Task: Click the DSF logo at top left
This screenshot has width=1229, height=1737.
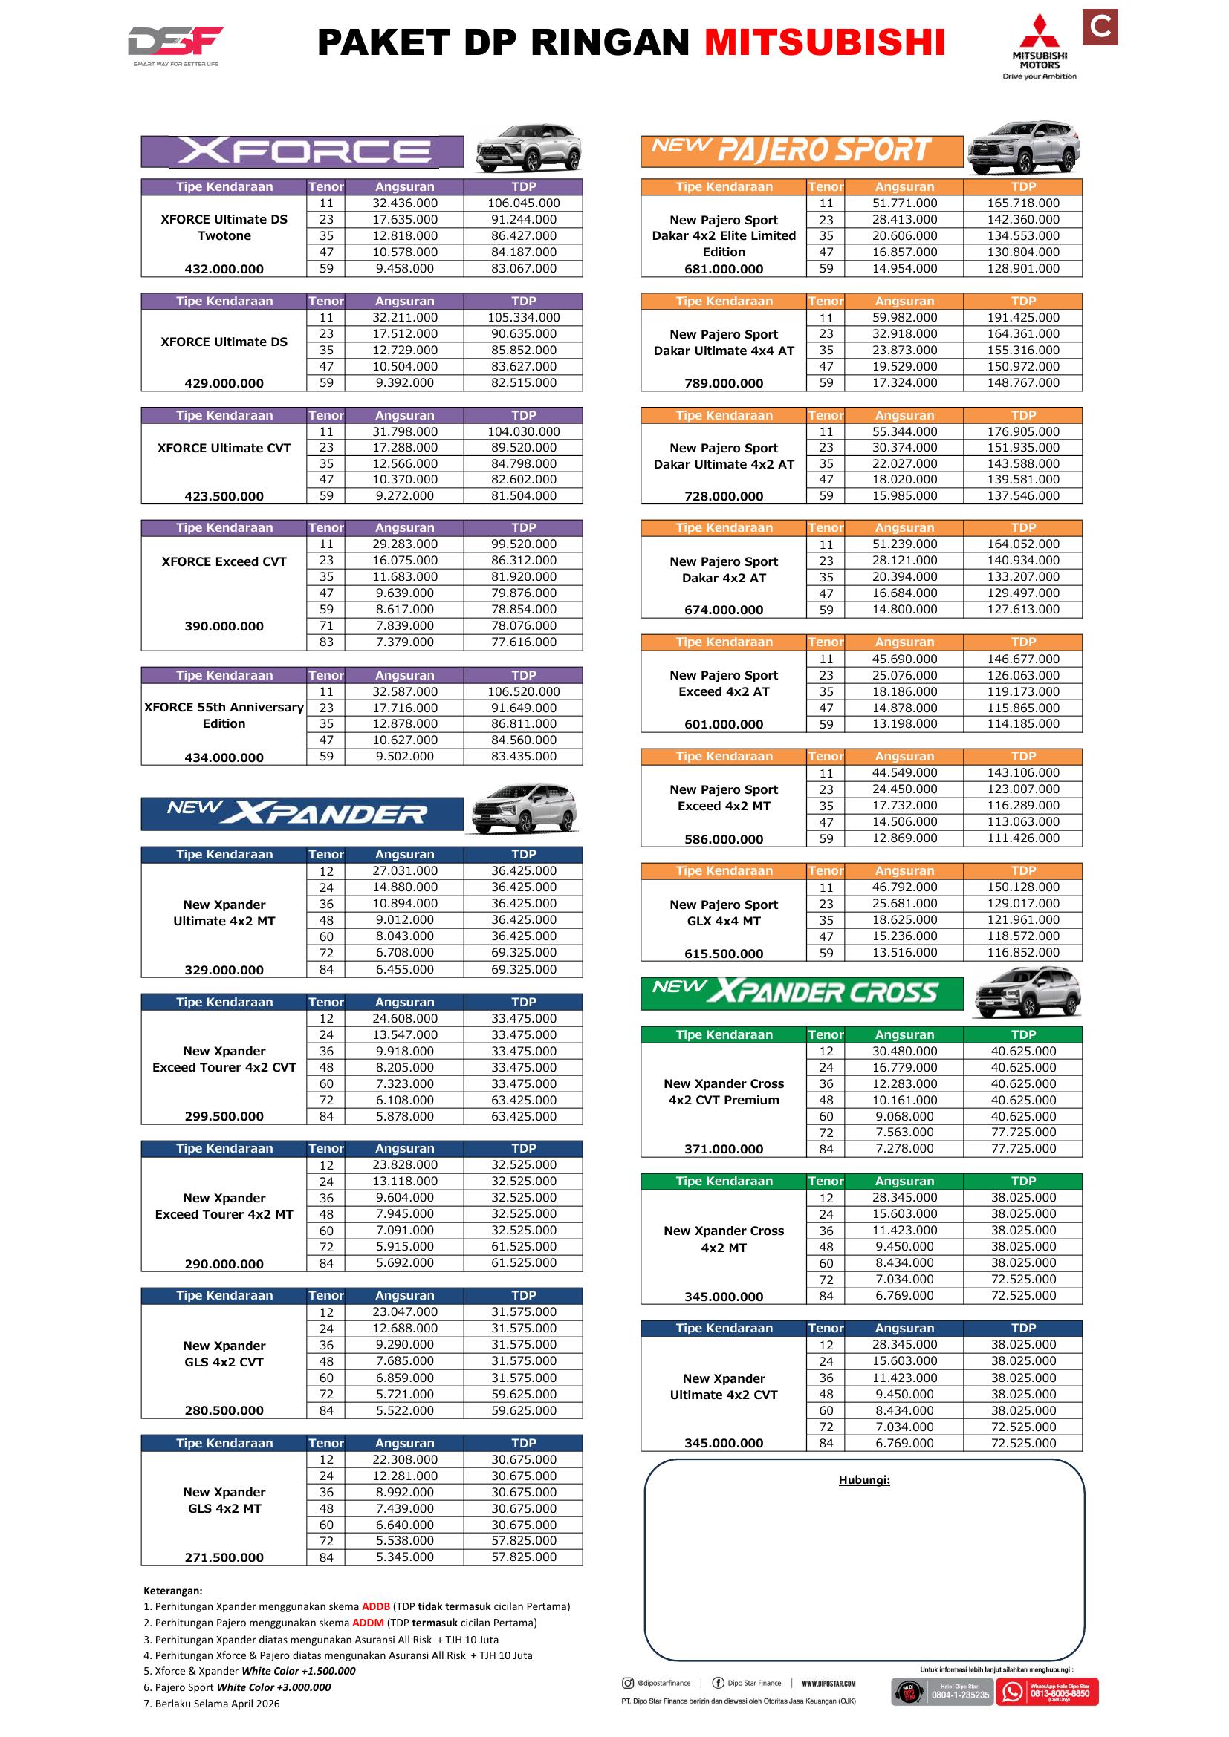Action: pos(175,44)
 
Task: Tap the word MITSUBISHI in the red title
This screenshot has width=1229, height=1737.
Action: pos(825,43)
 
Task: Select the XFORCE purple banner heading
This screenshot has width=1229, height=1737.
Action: pos(302,151)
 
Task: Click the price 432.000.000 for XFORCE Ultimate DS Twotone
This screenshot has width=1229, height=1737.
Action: pos(224,270)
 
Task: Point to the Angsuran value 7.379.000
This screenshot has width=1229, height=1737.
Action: pos(405,642)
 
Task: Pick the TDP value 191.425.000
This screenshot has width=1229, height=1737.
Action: pos(1023,318)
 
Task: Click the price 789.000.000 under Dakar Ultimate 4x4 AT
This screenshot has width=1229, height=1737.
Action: pos(724,383)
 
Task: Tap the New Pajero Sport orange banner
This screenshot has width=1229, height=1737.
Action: pos(802,151)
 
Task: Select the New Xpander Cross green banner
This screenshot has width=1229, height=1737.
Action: pos(802,994)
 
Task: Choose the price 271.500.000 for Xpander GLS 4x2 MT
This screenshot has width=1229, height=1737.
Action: pos(224,1558)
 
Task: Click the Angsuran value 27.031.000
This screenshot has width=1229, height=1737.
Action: pos(405,871)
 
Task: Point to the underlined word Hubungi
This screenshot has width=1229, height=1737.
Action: pos(863,1480)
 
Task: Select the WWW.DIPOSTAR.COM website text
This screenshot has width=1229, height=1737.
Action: pos(828,1684)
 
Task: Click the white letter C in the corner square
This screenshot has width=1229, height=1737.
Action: pos(1100,27)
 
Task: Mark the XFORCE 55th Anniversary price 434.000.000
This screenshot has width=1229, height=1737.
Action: pos(224,757)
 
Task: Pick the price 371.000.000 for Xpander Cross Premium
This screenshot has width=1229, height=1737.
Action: pos(724,1149)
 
